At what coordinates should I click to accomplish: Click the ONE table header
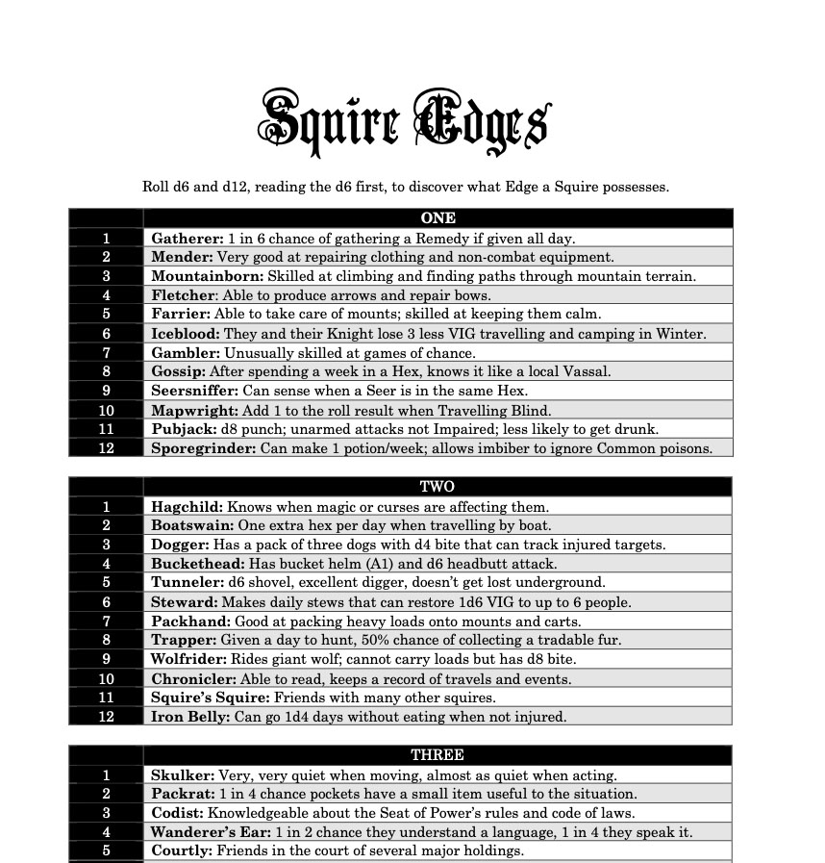pos(437,218)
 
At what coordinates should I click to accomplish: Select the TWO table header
pos(437,487)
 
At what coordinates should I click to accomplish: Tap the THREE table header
pos(437,755)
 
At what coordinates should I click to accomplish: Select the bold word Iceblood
pos(186,334)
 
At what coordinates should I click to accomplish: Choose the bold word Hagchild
pos(187,506)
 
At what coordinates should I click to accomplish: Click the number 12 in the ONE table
pos(106,448)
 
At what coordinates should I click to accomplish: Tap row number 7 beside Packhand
pos(106,622)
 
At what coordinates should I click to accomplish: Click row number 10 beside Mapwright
pos(106,410)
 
